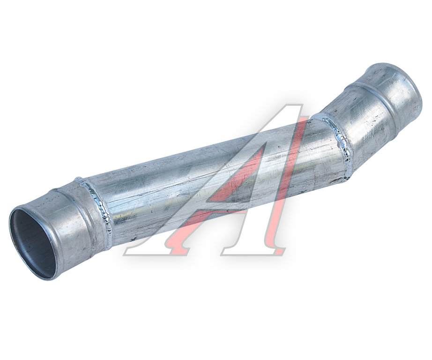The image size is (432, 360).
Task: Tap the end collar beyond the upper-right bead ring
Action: tap(397, 91)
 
